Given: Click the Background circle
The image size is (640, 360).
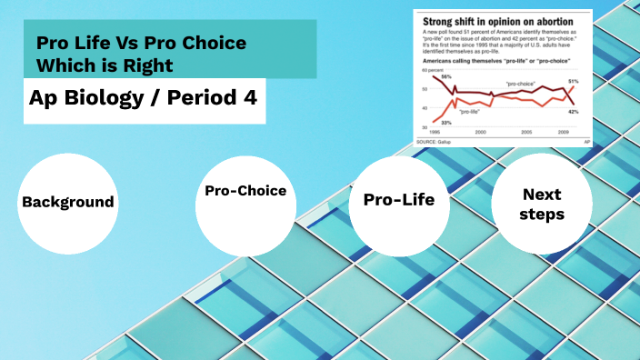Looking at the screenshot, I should coord(68,203).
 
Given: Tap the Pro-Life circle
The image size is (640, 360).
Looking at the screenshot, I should coord(399,201).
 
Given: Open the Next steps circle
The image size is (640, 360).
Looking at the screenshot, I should coord(541,205).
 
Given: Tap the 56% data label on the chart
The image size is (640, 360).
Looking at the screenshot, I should coord(446,78).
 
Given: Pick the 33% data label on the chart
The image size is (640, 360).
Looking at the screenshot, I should coord(446,121).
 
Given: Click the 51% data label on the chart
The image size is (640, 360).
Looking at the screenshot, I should coord(574,82).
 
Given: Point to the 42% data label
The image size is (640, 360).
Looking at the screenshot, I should coord(574,111).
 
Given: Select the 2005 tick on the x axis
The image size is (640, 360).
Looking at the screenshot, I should coord(525,133).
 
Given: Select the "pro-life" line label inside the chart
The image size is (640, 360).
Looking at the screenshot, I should coord(469,112).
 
